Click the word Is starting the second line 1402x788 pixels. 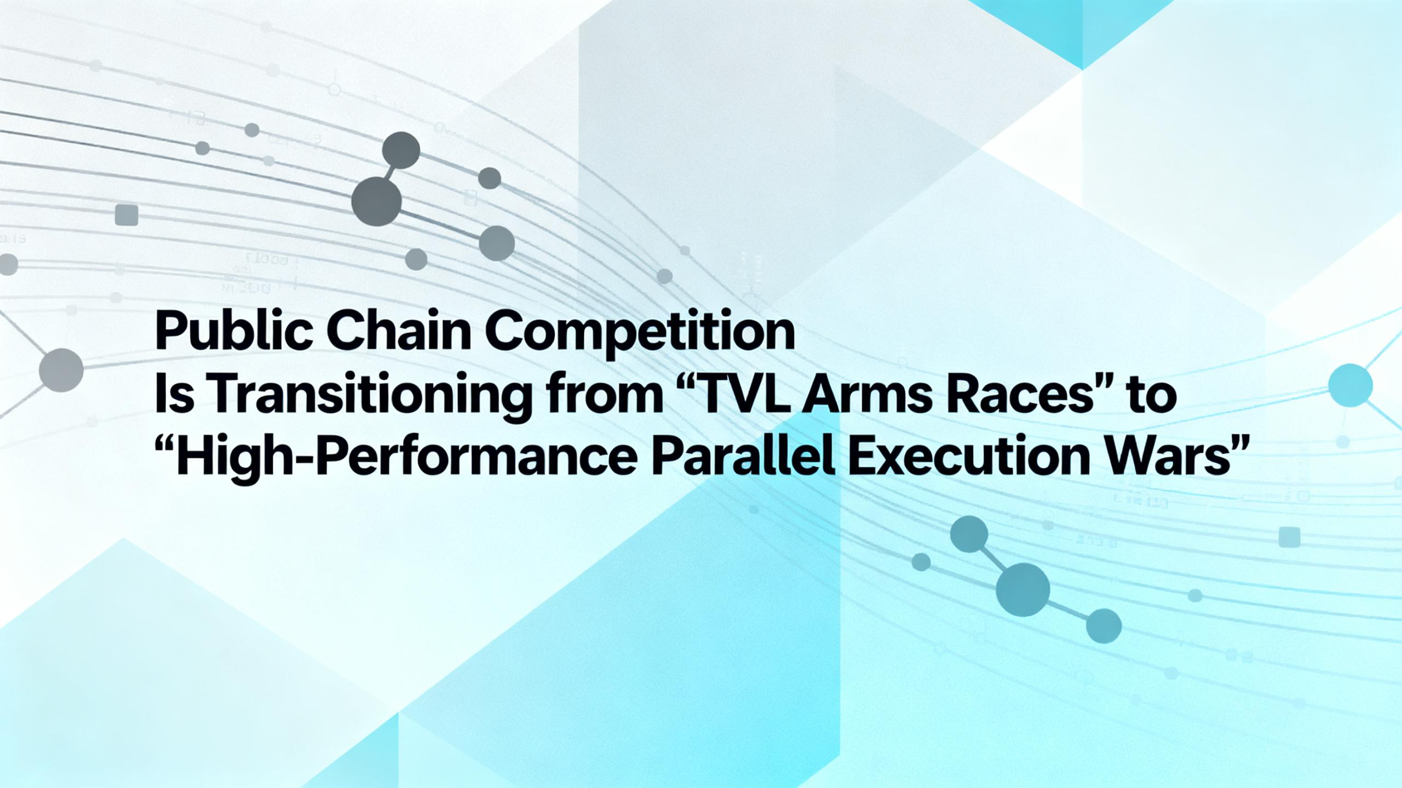point(174,394)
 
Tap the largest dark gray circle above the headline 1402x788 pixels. point(376,201)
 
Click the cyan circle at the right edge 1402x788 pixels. point(1351,385)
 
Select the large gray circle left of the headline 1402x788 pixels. point(61,370)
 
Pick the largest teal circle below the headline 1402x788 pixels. point(1023,590)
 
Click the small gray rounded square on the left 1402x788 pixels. point(127,215)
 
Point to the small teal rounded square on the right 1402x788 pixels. point(1289,537)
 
